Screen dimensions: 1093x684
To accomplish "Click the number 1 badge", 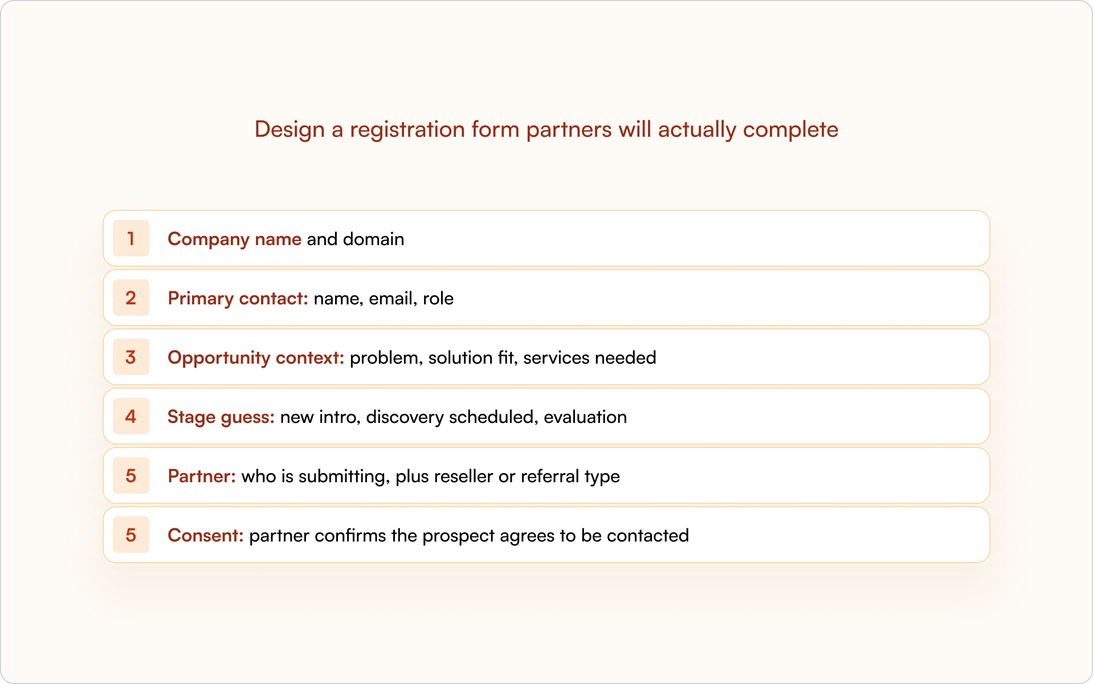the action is tap(130, 238).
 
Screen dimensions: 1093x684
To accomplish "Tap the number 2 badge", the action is tap(130, 298).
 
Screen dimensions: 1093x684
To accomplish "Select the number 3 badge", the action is tap(130, 357).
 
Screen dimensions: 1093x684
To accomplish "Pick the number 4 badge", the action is tap(130, 416).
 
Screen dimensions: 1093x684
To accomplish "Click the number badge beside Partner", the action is tap(130, 475).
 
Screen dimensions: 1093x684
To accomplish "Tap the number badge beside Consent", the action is tap(130, 535).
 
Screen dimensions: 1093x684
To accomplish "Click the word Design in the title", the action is tap(289, 129).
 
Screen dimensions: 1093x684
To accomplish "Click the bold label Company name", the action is tap(234, 239).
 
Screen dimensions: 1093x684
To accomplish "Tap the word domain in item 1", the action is tap(373, 239).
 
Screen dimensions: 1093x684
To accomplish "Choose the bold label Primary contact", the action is tap(238, 298).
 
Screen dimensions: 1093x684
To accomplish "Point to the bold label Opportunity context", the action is tap(255, 357).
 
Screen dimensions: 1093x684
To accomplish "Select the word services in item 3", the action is tap(556, 357).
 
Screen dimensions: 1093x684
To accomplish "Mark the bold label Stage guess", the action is tap(221, 417).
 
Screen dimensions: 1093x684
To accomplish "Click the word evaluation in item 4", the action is tap(585, 417).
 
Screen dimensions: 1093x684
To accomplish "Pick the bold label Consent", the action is tap(205, 535).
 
